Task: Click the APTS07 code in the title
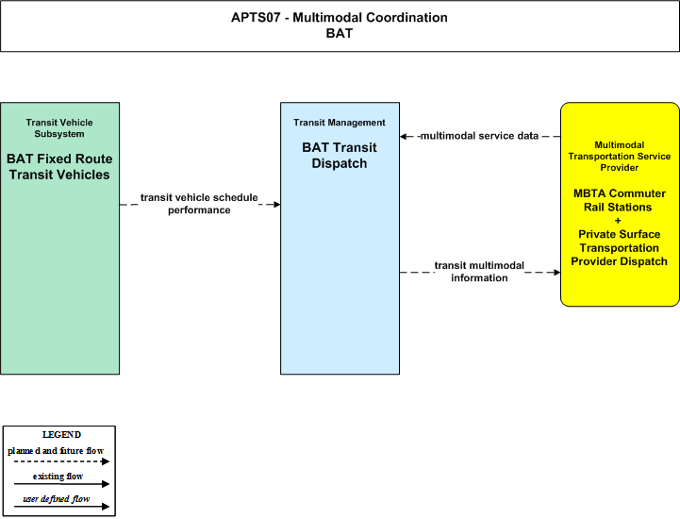tap(256, 17)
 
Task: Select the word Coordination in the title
tap(406, 17)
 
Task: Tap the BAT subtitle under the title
tap(340, 33)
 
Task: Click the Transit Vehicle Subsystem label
tap(59, 128)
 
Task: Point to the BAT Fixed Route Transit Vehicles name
tap(59, 167)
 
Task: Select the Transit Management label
tap(340, 123)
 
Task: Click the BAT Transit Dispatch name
tap(340, 156)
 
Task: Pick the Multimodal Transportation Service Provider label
tap(620, 157)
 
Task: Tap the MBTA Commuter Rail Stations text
tap(619, 200)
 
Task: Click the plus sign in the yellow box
tap(618, 221)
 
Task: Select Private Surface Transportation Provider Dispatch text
tap(619, 248)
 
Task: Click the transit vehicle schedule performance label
tap(199, 204)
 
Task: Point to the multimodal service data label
tap(479, 136)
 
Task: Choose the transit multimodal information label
tap(479, 272)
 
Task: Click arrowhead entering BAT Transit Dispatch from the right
tap(404, 136)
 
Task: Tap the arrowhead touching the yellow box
tap(556, 272)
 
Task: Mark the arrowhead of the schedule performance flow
tap(276, 205)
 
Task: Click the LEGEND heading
tap(61, 435)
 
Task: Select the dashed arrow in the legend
tap(61, 461)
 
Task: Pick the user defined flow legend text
tap(57, 499)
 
